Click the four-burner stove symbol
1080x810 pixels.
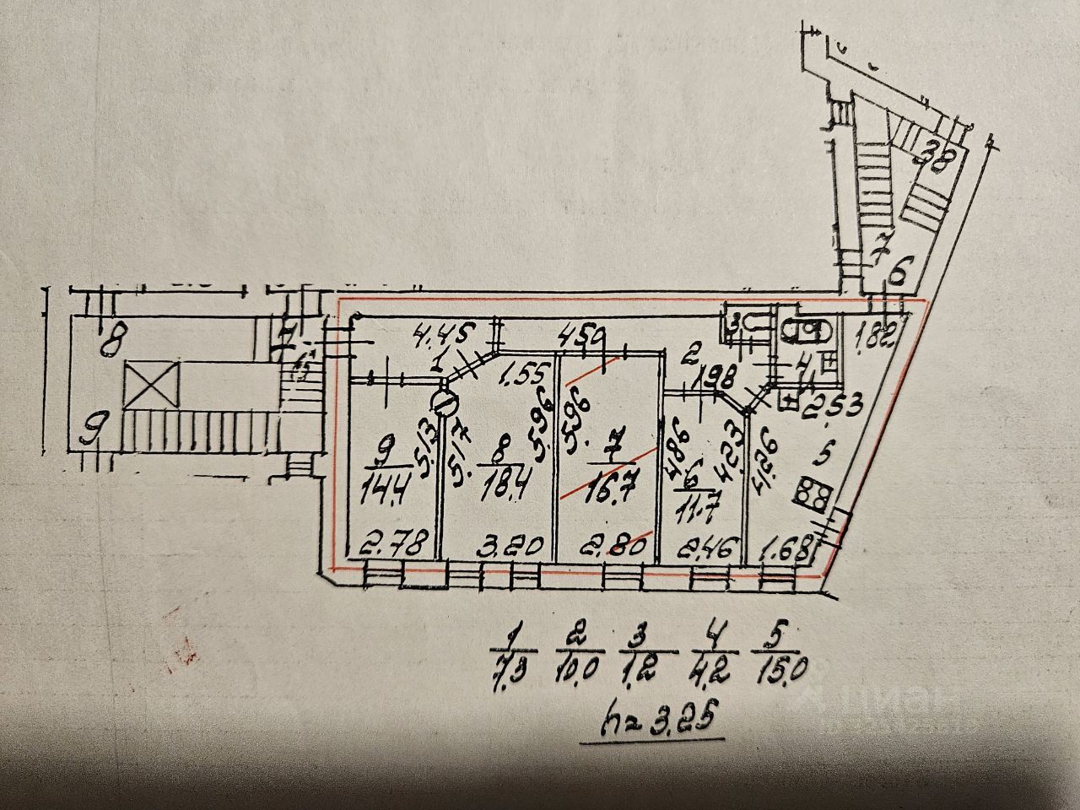(x=813, y=498)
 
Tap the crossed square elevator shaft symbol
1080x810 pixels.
(x=152, y=388)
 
